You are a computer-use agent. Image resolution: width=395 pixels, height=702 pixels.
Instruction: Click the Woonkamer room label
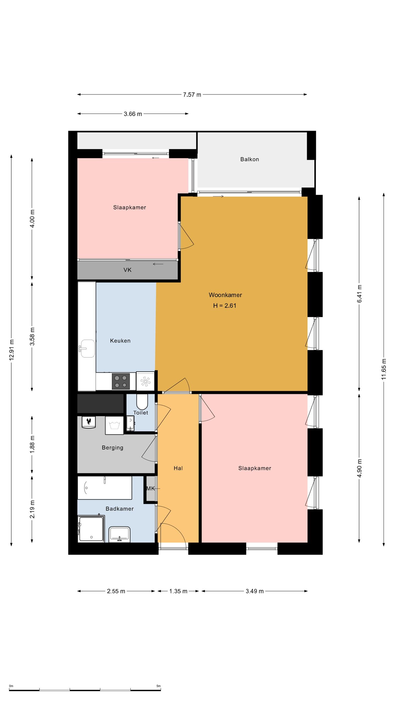[x=225, y=295]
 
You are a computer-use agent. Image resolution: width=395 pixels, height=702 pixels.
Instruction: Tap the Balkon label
[x=250, y=159]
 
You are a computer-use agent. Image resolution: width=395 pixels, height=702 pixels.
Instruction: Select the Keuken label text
[x=120, y=341]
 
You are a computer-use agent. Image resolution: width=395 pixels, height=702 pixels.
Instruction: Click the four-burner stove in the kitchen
[x=121, y=381]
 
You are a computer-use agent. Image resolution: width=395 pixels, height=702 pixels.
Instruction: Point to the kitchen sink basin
[x=88, y=349]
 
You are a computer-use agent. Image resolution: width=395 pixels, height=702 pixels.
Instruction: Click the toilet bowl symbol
[x=142, y=402]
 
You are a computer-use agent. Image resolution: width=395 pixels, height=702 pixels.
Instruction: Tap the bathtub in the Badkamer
[x=105, y=488]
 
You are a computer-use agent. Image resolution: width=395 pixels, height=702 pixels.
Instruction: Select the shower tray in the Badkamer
[x=91, y=529]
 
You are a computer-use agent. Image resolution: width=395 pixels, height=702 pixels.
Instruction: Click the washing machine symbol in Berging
[x=114, y=425]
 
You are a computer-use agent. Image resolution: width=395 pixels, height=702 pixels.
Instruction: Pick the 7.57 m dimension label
[x=192, y=95]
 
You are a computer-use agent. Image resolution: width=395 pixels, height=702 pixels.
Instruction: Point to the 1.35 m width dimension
[x=178, y=591]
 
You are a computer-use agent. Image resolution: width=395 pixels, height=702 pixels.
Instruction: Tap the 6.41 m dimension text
[x=359, y=294]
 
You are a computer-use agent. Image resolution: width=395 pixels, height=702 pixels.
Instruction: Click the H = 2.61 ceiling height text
[x=225, y=305]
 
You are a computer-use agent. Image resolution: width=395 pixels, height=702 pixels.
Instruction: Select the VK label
[x=128, y=270]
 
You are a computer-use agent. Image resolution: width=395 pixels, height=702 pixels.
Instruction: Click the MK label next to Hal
[x=151, y=488]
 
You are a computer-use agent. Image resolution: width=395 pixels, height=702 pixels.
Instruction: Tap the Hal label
[x=178, y=468]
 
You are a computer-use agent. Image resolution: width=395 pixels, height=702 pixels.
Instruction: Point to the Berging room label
[x=112, y=448]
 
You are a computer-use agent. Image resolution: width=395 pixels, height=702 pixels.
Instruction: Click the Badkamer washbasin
[x=119, y=534]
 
